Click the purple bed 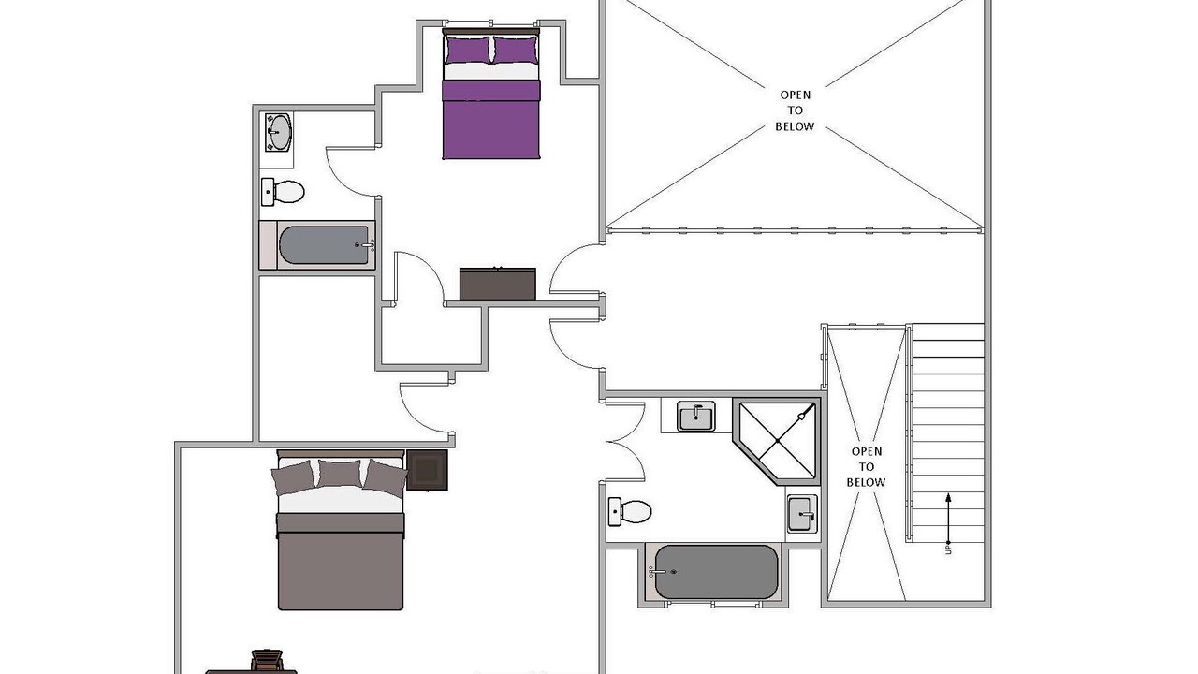click(491, 95)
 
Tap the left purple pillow click(467, 50)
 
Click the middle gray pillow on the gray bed click(339, 474)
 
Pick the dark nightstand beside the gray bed click(427, 470)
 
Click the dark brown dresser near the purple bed click(497, 284)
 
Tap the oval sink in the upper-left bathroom click(279, 132)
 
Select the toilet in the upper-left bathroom click(283, 192)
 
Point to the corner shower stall click(777, 441)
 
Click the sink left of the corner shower click(695, 417)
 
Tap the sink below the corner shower click(801, 514)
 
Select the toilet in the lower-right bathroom click(630, 511)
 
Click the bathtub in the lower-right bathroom click(714, 572)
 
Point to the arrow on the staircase click(948, 518)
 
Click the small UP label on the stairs click(948, 549)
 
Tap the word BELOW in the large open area click(795, 126)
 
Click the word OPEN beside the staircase click(867, 451)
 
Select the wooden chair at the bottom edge click(267, 661)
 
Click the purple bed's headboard click(491, 32)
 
